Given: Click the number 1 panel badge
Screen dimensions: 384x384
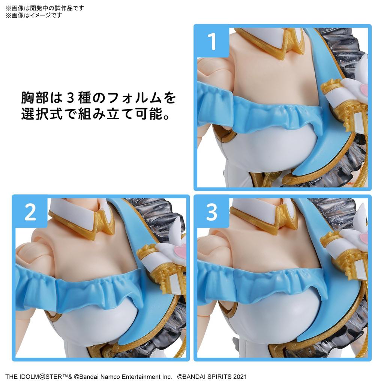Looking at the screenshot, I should pyautogui.click(x=212, y=42).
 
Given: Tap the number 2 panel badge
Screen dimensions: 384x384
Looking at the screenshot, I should pyautogui.click(x=30, y=212).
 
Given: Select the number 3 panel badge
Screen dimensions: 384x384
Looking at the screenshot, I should pyautogui.click(x=212, y=212).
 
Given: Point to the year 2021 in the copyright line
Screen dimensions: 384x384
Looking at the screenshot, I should pyautogui.click(x=239, y=376).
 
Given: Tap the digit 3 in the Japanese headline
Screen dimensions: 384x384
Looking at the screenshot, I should pyautogui.click(x=71, y=98).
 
